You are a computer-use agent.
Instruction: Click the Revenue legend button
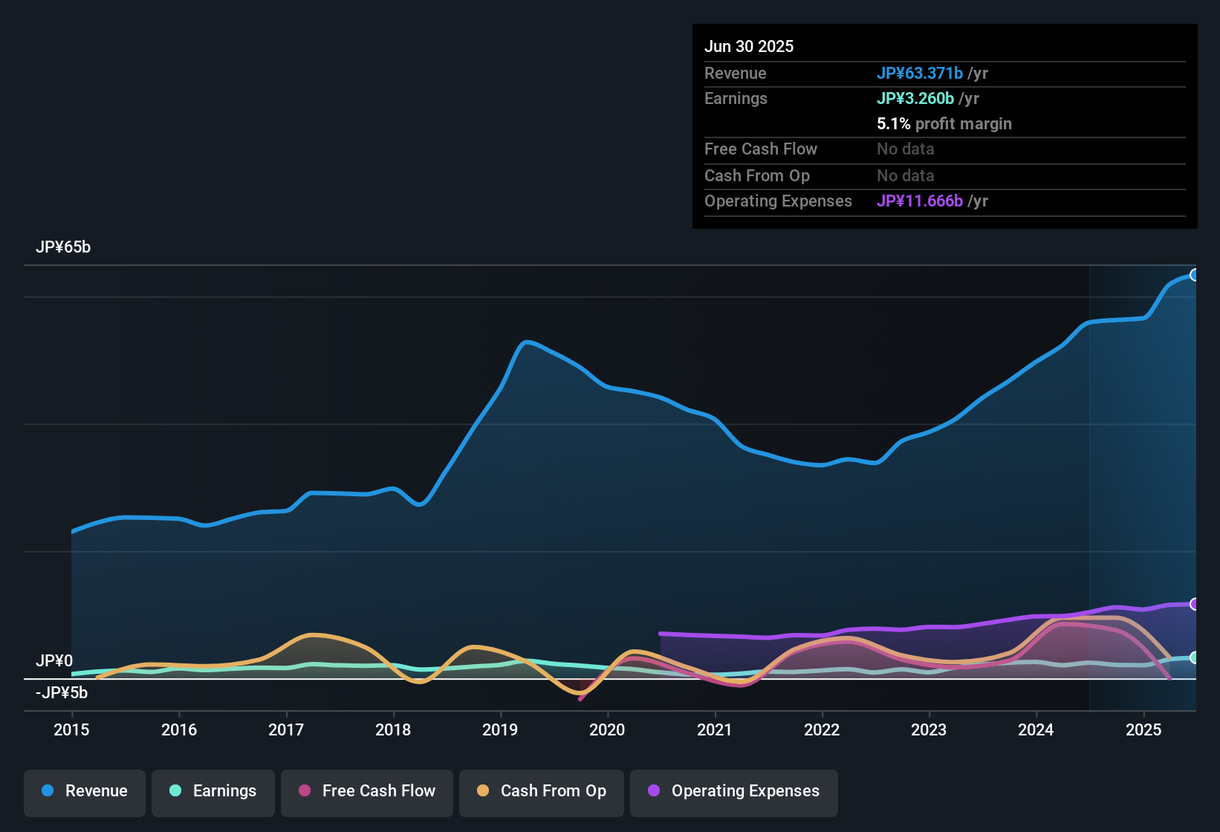85,791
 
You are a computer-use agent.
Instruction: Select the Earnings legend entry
213,791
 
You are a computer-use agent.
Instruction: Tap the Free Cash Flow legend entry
367,791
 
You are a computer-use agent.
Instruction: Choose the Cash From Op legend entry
542,791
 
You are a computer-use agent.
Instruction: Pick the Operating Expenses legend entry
734,791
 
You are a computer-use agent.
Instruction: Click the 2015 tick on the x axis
71,729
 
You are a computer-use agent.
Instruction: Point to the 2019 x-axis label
500,729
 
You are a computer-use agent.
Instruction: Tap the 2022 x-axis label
822,729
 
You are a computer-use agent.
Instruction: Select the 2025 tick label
1143,729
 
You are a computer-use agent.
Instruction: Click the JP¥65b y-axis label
63,247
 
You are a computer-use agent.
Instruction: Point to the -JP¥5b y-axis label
62,693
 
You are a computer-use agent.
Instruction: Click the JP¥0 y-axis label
54,660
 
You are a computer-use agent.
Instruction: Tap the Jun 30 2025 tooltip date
749,46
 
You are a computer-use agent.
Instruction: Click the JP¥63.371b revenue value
920,73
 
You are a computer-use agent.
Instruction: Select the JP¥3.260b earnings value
915,98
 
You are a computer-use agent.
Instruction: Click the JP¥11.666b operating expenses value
920,201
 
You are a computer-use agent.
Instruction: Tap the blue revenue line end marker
1194,275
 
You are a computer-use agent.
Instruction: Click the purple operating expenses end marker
1194,604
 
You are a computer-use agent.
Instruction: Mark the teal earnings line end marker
1194,657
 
